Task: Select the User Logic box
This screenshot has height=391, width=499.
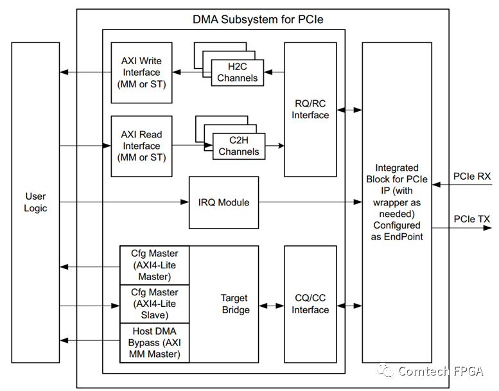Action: (35, 202)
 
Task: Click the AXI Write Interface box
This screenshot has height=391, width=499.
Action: (142, 73)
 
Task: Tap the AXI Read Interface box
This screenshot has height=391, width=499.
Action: (142, 146)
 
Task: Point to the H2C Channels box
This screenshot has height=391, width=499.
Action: (238, 73)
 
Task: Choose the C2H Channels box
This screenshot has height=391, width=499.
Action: (239, 146)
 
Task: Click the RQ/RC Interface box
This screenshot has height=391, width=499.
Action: (310, 109)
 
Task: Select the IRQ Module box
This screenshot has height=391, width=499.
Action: (223, 202)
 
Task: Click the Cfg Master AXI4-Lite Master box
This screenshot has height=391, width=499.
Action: (154, 265)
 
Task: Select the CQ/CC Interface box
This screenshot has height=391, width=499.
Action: (310, 304)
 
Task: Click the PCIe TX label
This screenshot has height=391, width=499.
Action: (471, 219)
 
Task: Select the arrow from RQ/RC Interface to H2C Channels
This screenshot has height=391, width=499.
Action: (274, 73)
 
